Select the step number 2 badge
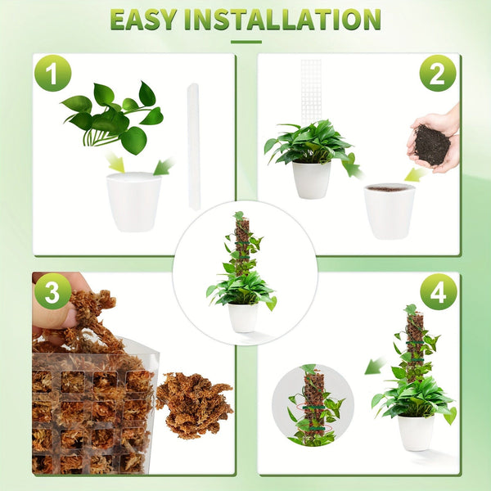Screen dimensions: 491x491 pyautogui.click(x=438, y=73)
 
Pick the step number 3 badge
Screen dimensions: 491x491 pyautogui.click(x=52, y=291)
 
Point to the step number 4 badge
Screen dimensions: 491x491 pyautogui.click(x=438, y=291)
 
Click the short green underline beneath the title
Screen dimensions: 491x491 pyautogui.click(x=245, y=42)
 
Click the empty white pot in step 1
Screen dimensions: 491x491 pyautogui.click(x=133, y=200)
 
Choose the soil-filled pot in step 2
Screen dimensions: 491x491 pyautogui.click(x=389, y=209)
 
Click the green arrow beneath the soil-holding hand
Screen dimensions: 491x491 pyautogui.click(x=416, y=173)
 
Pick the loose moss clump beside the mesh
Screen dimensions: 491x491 pyautogui.click(x=194, y=403)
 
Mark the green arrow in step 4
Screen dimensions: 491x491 pyautogui.click(x=374, y=366)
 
